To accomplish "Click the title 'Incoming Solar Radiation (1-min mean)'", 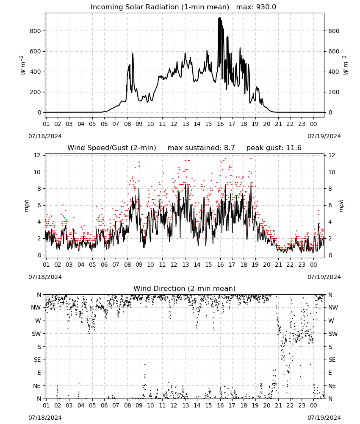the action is (160, 7).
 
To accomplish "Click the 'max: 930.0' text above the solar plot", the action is (256, 7).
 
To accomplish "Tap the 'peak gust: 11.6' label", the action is (274, 148).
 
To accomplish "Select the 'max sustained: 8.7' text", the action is (201, 148).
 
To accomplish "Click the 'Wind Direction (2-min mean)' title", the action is (185, 288).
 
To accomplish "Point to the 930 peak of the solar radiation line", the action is (220, 17).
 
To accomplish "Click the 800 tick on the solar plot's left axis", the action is (35, 31).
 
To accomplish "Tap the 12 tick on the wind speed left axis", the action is (37, 155).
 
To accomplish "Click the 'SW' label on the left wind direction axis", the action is (36, 334).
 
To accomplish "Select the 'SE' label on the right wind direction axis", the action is (332, 360).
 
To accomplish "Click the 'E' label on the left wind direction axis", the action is (39, 373).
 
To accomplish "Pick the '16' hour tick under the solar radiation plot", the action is (220, 124).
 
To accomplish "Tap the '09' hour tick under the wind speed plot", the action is (139, 265).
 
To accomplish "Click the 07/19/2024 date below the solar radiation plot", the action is (324, 136).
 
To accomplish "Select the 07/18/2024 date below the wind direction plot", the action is (45, 418).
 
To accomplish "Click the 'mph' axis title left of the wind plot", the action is (26, 206).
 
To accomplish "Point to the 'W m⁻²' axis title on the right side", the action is (346, 65).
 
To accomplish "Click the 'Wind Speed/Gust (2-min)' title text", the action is (112, 148).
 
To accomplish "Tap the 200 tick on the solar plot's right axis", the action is (334, 92).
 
